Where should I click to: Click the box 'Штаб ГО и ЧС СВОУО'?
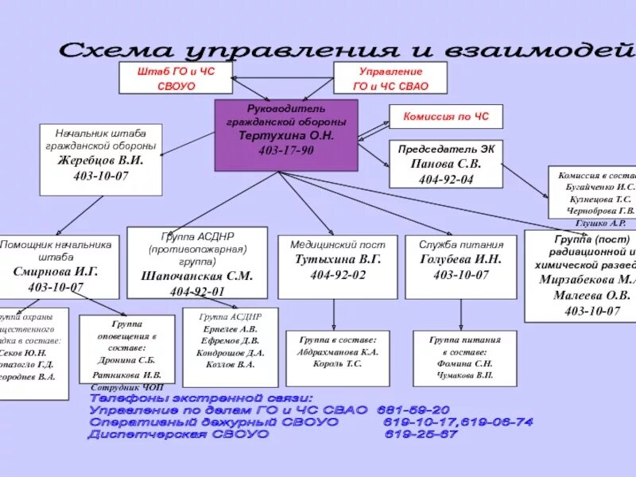pyautogui.click(x=176, y=78)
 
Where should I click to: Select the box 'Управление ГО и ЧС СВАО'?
pyautogui.click(x=390, y=78)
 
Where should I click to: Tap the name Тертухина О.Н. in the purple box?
pyautogui.click(x=287, y=136)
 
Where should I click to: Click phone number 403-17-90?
pyautogui.click(x=287, y=151)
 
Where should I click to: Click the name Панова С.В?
pyautogui.click(x=445, y=164)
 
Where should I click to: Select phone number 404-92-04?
pyautogui.click(x=445, y=179)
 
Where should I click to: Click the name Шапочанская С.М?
pyautogui.click(x=196, y=276)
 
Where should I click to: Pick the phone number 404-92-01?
pyautogui.click(x=196, y=291)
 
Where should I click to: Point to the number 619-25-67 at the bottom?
pyautogui.click(x=421, y=434)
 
